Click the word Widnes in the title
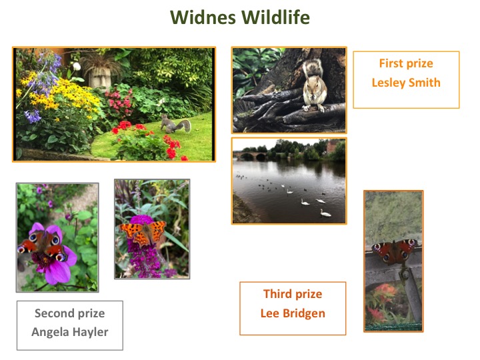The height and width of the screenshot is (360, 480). coord(203,17)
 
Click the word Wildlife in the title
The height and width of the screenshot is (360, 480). coord(275,17)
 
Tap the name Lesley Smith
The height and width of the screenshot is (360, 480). coord(406,83)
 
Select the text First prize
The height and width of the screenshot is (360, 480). coord(406,64)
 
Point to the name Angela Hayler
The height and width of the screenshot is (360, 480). coord(70,332)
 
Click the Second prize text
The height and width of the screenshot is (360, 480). coord(70,313)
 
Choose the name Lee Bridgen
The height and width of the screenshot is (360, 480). coord(293,313)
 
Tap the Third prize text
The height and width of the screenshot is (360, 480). coord(293,294)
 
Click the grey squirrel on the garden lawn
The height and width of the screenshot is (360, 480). coord(175,124)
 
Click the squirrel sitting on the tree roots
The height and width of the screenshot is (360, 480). coord(315,86)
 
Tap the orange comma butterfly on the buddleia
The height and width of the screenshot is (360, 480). coord(143,233)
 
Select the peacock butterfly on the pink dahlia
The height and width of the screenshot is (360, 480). coord(43,245)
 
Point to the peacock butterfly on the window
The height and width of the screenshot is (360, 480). coord(394,251)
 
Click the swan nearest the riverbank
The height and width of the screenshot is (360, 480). coord(325,213)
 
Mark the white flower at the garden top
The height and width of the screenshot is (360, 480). coord(77,66)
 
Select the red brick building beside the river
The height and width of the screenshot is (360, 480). coord(331,146)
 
